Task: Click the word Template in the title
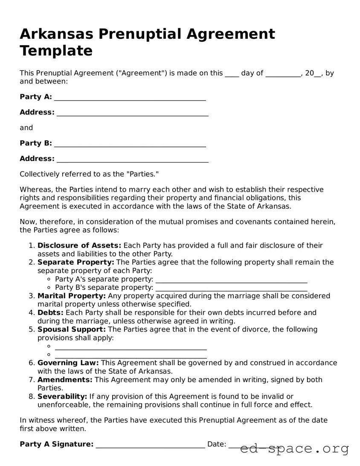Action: coord(56,51)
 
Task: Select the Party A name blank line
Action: coord(130,98)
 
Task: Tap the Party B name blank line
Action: coord(130,144)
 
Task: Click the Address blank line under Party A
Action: coord(132,113)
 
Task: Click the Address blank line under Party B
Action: coord(132,160)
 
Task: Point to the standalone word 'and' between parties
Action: coord(26,128)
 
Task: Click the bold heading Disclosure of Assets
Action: coord(79,245)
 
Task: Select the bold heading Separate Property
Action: coord(76,262)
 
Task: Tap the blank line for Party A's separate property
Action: coord(231,280)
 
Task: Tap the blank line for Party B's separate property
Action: coord(231,288)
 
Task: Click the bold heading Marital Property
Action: coord(72,296)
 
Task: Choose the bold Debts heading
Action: coord(50,313)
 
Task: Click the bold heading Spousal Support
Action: coord(72,329)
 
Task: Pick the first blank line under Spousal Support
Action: coord(131,347)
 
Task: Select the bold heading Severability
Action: coord(62,396)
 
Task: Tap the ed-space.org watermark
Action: coord(294,449)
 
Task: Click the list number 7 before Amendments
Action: coord(31,380)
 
